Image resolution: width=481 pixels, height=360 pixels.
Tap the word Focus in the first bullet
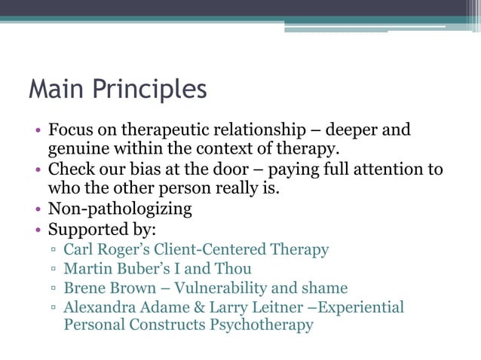70,130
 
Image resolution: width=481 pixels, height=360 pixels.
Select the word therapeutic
170,130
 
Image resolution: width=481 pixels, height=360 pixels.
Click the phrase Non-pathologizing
121,208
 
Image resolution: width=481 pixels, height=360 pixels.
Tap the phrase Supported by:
100,227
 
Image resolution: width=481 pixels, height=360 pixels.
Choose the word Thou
233,268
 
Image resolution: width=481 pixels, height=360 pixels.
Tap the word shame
326,288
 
